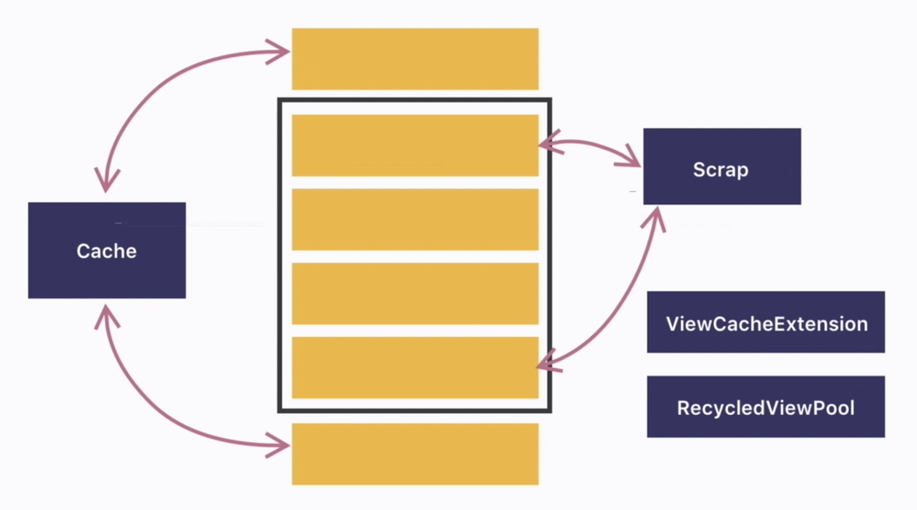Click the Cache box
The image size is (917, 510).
click(107, 250)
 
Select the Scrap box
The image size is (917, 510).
click(722, 167)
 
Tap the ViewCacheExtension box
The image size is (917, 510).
click(766, 322)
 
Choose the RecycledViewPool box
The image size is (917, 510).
click(766, 406)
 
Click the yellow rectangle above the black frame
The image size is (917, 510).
click(415, 58)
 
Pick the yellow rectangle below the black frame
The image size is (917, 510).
click(415, 454)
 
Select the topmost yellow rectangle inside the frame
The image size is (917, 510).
click(415, 145)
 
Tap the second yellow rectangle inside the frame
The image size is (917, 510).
click(415, 219)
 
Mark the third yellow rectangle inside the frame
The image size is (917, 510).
click(415, 294)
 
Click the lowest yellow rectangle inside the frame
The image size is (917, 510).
click(415, 367)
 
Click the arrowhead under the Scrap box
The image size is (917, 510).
click(657, 216)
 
